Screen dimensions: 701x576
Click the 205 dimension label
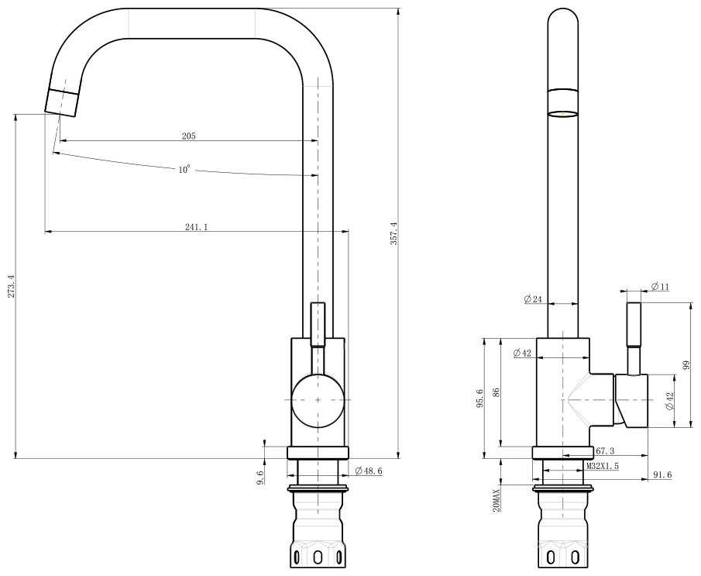click(189, 136)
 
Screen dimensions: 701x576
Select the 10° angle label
click(184, 169)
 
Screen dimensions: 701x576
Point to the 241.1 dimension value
click(196, 227)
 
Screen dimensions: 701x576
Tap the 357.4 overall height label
click(393, 233)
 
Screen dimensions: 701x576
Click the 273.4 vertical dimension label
click(12, 286)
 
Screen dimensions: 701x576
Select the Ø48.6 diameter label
click(369, 471)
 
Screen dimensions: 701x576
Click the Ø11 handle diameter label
click(660, 286)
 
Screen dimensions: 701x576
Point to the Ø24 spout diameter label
click(534, 299)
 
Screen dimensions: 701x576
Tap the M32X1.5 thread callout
click(603, 467)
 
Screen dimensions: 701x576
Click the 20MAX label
click(496, 500)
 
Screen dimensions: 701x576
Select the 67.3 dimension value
click(605, 451)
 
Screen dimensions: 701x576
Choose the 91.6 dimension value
click(662, 475)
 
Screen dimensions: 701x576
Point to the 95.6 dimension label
click(479, 398)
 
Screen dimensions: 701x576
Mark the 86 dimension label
click(496, 392)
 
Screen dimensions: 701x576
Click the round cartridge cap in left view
click(318, 400)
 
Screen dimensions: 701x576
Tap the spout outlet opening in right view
click(563, 114)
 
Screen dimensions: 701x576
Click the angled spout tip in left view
click(62, 102)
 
